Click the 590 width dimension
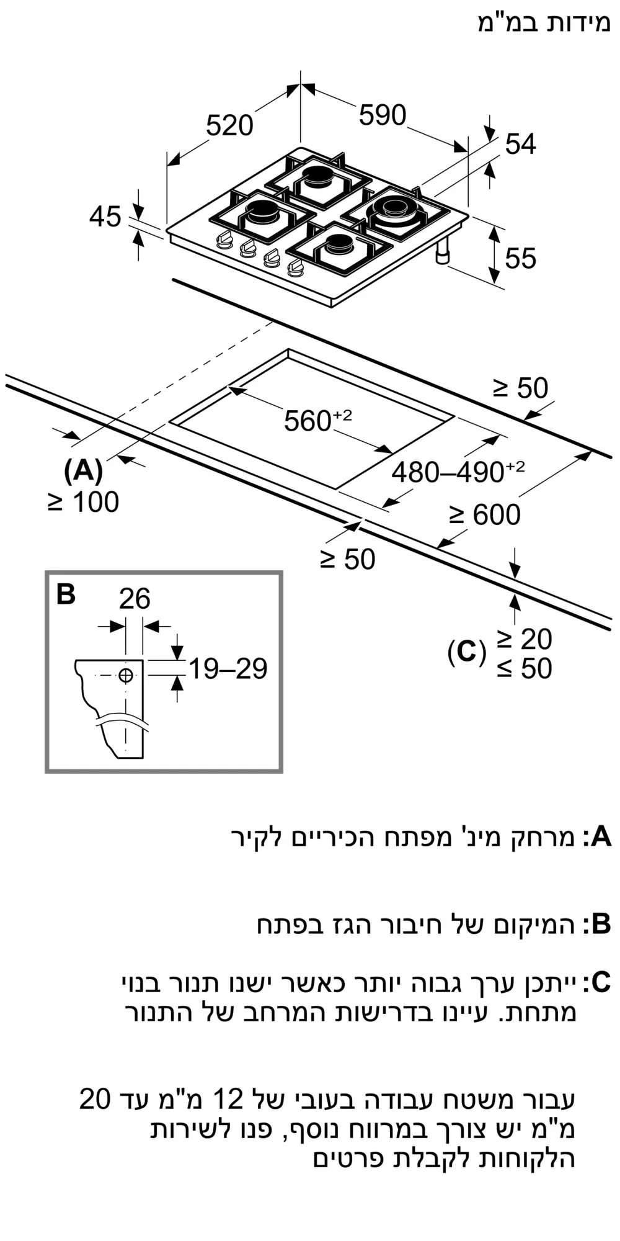[383, 115]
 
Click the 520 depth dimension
[229, 126]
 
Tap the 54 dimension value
[520, 144]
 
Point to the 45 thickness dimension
[105, 217]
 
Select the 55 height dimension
[520, 258]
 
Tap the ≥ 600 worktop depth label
[485, 515]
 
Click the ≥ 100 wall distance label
[84, 502]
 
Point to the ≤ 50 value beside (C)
[524, 668]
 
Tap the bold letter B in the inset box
[66, 594]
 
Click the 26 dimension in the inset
[135, 599]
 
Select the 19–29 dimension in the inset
[228, 669]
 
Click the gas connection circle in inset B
[126, 675]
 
